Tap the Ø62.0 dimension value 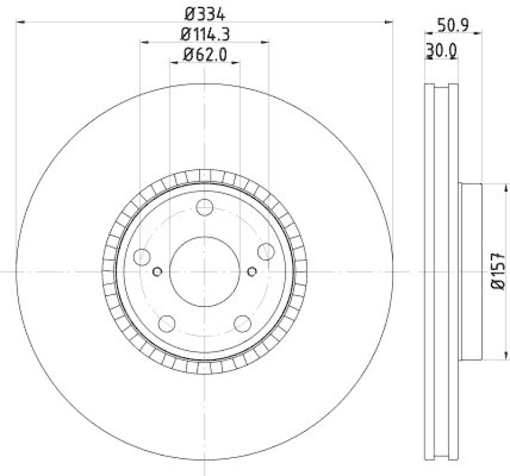click(205, 55)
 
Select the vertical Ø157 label click(499, 272)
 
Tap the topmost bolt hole click(204, 207)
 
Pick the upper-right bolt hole click(266, 251)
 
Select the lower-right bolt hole click(242, 324)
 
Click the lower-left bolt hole click(166, 324)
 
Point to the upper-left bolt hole click(142, 257)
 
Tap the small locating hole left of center click(157, 272)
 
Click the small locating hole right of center click(252, 272)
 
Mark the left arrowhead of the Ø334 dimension click(20, 22)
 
